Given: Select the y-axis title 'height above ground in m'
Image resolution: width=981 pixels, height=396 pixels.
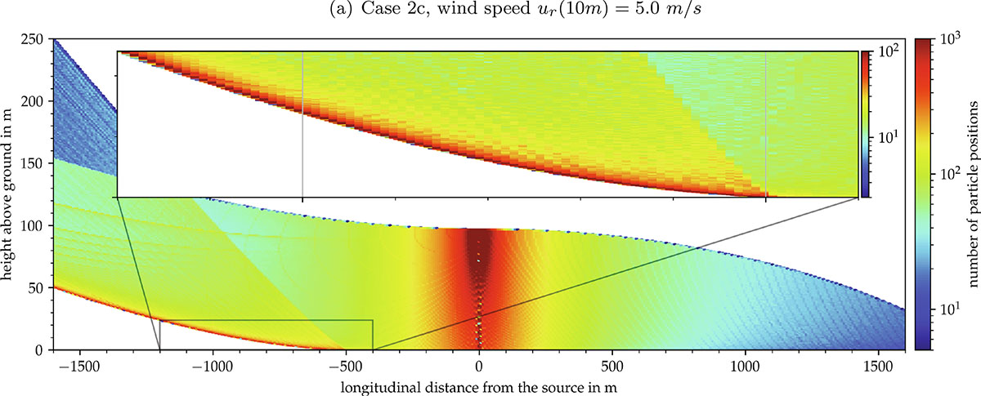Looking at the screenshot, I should (x=10, y=194).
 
